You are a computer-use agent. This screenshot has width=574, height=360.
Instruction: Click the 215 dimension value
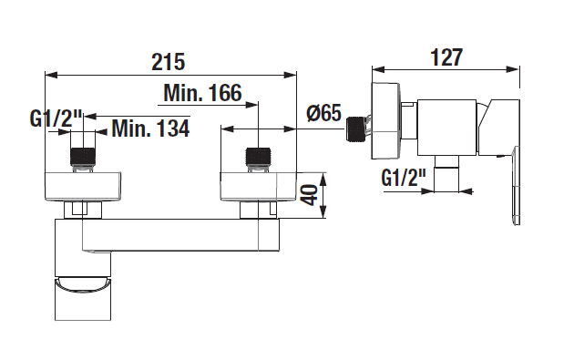click(169, 62)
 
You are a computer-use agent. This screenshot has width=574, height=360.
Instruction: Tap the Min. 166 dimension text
click(203, 93)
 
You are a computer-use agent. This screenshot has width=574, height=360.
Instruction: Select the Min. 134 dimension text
click(150, 129)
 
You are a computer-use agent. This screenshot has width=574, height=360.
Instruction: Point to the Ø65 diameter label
click(324, 113)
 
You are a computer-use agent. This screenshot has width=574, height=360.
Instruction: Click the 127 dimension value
click(446, 57)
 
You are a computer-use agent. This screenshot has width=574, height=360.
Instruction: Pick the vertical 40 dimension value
click(310, 195)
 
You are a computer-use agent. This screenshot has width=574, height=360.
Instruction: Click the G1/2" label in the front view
click(56, 118)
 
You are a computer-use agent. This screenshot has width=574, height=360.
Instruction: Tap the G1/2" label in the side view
click(404, 178)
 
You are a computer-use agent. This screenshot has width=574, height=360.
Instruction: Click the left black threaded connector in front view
click(83, 157)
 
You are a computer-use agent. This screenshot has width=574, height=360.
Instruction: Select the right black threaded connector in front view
click(259, 157)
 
